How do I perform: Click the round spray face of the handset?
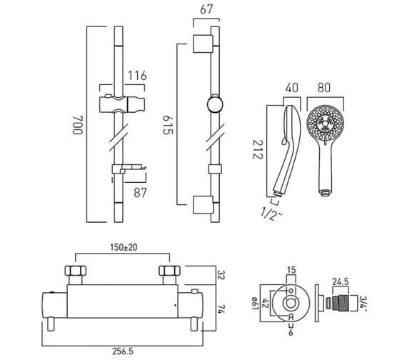click(324, 125)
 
